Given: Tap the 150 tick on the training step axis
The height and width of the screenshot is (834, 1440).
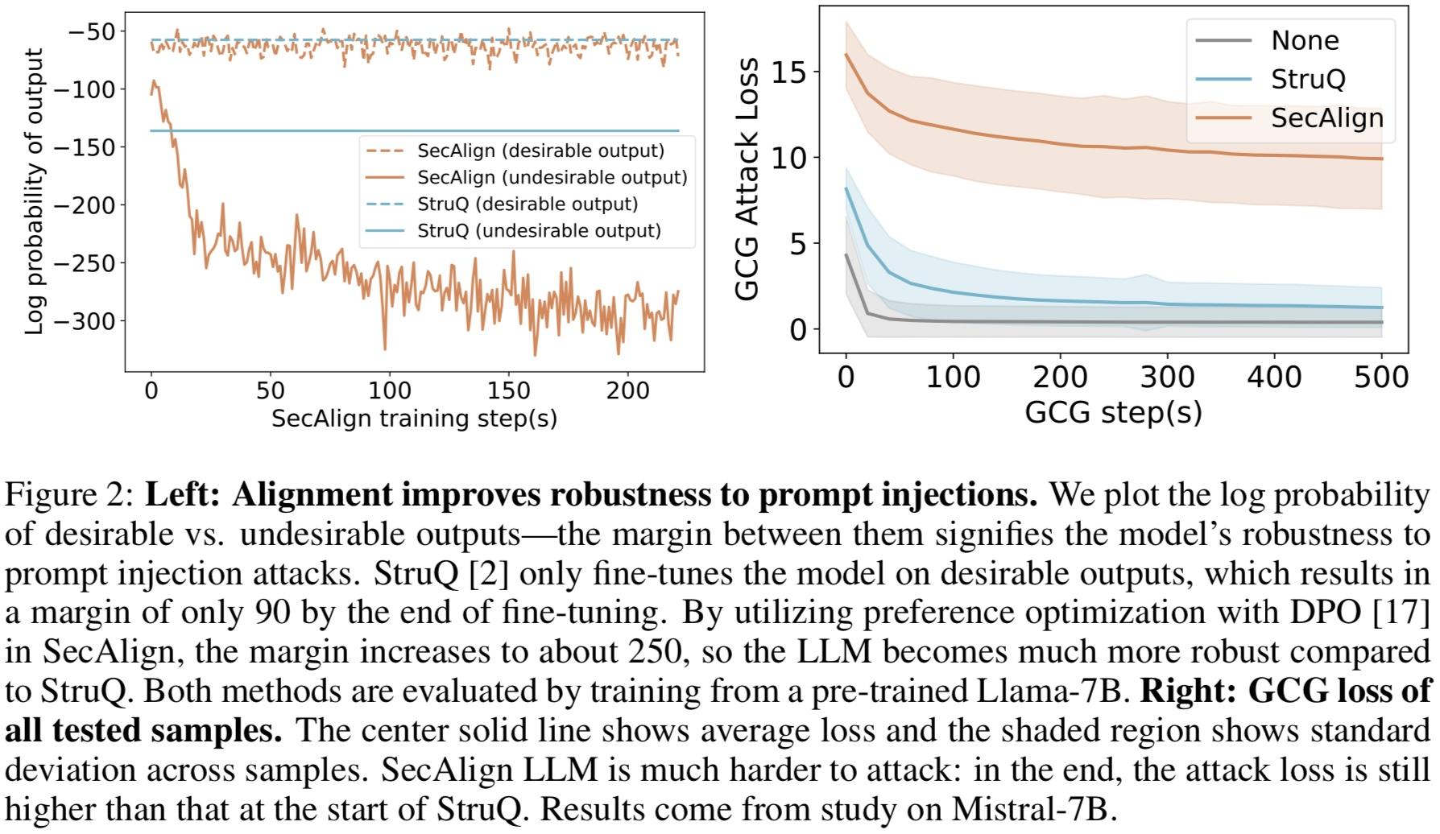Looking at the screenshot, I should (x=509, y=390).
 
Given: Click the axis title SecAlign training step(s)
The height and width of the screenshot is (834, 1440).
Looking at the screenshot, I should (x=414, y=419).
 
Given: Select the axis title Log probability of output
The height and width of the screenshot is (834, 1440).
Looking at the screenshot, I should (x=34, y=192).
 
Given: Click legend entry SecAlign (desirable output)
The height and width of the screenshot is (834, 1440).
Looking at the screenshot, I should (x=540, y=151).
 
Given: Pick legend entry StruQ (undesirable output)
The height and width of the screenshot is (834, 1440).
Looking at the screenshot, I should (x=539, y=231).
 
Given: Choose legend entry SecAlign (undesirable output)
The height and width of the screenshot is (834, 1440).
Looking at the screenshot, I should (x=552, y=177).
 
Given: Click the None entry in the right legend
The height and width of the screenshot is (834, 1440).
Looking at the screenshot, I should (x=1305, y=40).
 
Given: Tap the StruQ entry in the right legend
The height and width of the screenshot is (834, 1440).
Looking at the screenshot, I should (x=1308, y=79).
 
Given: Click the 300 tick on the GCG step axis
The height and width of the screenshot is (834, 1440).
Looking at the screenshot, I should (x=1167, y=377).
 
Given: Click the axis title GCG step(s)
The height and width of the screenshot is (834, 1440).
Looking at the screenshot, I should (x=1113, y=411).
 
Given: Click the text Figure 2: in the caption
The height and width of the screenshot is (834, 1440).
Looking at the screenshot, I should (x=69, y=494).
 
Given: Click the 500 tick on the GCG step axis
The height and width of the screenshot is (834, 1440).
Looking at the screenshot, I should (x=1381, y=377).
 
